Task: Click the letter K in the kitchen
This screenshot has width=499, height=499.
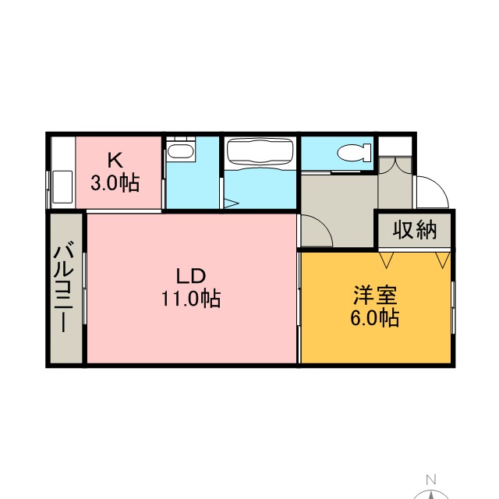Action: [x=115, y=160]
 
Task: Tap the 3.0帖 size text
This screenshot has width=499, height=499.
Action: [x=115, y=184]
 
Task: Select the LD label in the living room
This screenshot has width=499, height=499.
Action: [x=191, y=276]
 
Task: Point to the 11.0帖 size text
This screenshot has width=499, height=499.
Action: [x=191, y=299]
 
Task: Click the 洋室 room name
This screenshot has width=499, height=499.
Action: [x=375, y=295]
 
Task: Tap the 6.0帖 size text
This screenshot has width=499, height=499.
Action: [x=375, y=317]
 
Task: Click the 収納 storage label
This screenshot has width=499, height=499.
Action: [x=415, y=229]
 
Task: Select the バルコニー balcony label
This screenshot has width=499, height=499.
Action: [x=64, y=287]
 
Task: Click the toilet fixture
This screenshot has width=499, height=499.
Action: [x=354, y=151]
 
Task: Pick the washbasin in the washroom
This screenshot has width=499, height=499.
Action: [x=181, y=150]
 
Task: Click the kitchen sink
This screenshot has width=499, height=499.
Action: [x=62, y=187]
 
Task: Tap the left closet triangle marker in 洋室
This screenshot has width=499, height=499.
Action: [x=386, y=260]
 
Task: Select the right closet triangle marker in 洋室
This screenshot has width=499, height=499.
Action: [x=442, y=260]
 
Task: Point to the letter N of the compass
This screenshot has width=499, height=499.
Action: [x=431, y=479]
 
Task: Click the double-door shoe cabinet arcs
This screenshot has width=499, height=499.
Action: [x=395, y=166]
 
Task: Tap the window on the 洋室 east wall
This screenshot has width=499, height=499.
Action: [x=454, y=307]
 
